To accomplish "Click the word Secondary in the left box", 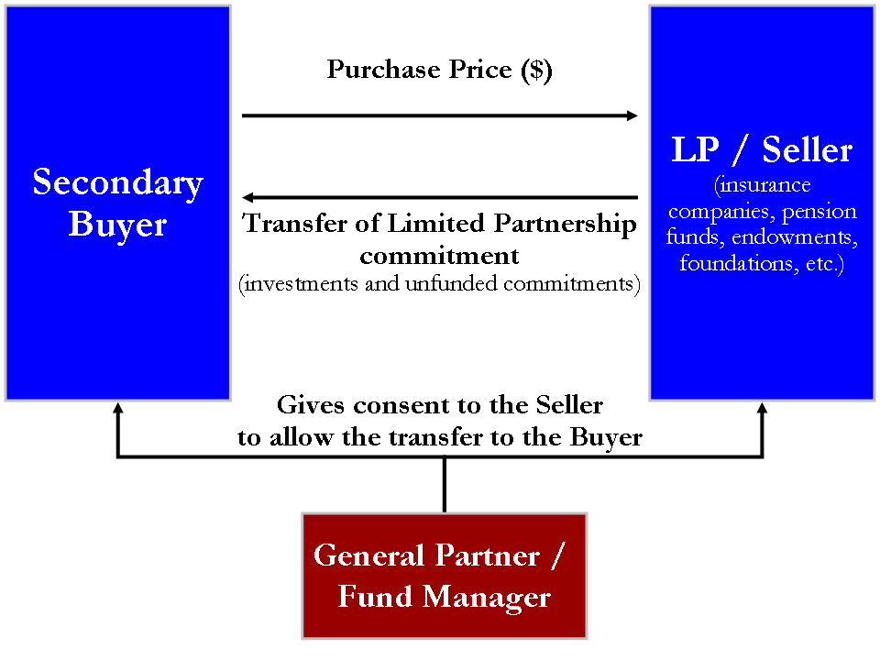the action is point(118,183).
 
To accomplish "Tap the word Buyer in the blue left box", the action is point(118,225).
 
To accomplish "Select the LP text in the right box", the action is point(695,149).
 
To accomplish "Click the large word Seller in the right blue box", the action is point(807,149).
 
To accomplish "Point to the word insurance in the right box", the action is point(764,184).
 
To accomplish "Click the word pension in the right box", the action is point(819,212).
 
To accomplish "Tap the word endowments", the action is point(791,237).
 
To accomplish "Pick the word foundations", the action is point(737,263).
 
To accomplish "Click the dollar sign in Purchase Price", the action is point(536,70).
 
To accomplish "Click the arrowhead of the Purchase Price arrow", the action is point(632,115).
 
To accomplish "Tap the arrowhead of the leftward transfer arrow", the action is point(247,198).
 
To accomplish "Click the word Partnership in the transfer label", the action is point(566,224).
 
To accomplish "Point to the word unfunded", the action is point(451,284).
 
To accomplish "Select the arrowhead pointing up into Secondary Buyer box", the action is point(118,408).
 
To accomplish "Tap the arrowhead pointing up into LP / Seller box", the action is point(762,408).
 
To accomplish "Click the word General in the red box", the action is point(368,555).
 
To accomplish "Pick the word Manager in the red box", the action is point(486,597).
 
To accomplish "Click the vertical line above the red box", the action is point(445,484).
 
